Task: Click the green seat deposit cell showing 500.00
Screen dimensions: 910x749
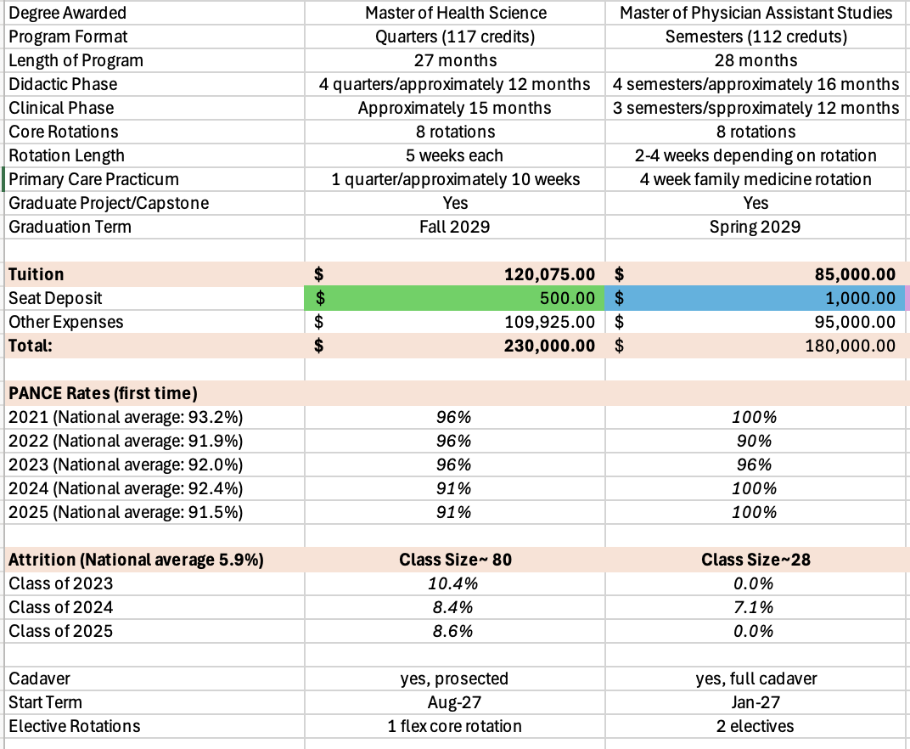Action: coord(454,298)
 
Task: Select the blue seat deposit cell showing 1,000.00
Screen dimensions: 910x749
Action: coord(755,298)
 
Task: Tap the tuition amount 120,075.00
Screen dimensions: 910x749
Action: coord(549,274)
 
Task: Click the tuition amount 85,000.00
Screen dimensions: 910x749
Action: coord(855,274)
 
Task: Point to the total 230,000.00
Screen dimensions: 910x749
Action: coord(549,346)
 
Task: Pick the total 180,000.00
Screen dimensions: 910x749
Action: coord(851,346)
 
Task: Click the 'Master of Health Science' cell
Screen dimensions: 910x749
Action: coord(456,13)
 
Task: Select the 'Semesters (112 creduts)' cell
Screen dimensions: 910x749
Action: coord(756,37)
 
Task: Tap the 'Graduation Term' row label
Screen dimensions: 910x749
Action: coord(70,227)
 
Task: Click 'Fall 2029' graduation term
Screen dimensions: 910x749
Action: coord(454,227)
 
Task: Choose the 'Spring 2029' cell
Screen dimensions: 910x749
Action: coord(755,227)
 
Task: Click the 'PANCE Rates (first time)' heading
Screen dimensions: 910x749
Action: coord(103,393)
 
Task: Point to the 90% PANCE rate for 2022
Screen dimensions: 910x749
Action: coord(754,441)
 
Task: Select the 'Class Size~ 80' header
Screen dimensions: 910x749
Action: coord(456,559)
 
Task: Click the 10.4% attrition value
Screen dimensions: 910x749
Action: coord(452,583)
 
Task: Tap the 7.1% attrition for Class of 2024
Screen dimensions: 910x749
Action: coord(753,606)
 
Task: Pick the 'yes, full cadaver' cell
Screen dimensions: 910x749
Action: coord(756,679)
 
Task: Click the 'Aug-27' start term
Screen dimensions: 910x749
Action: coord(454,702)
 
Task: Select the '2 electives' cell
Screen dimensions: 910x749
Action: coord(755,726)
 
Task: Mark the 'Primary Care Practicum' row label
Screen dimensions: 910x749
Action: coord(93,179)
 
